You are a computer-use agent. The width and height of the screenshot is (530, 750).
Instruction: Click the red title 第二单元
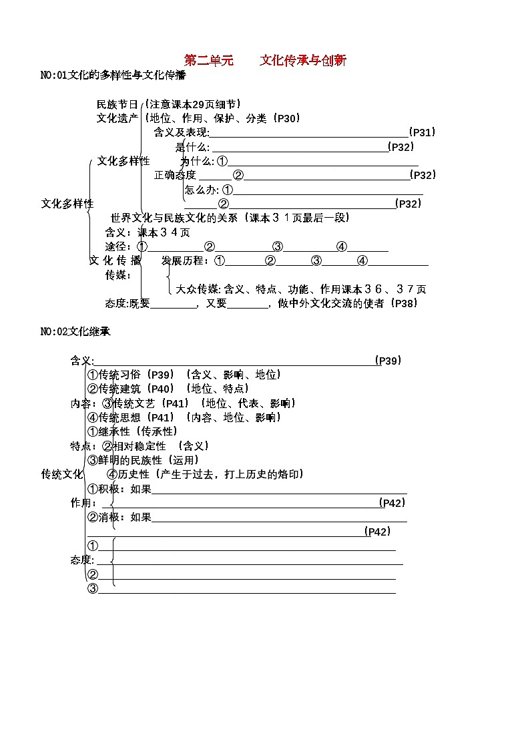(x=209, y=61)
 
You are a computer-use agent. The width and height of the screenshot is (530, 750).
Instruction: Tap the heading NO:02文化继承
(x=75, y=331)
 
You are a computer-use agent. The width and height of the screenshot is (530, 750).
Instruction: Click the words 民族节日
(x=117, y=104)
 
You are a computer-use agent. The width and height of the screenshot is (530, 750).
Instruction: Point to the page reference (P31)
(x=421, y=132)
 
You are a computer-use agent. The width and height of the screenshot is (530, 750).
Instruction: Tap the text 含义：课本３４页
(x=148, y=232)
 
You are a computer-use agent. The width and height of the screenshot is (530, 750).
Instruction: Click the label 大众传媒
(x=198, y=289)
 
